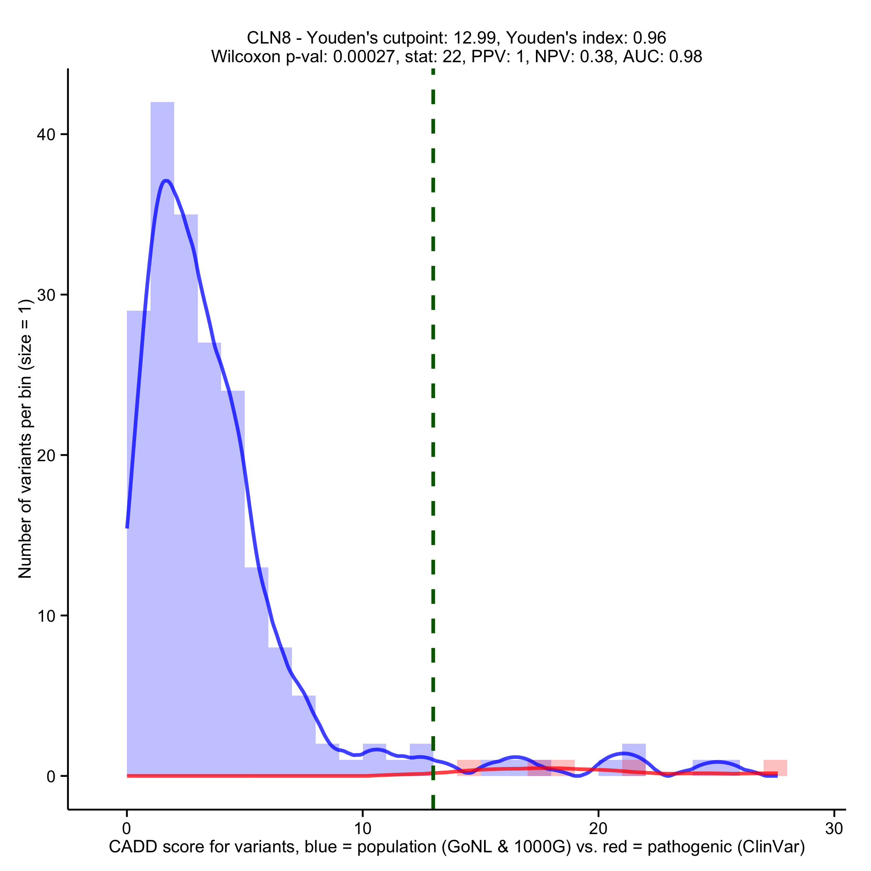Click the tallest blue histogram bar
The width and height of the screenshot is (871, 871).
pyautogui.click(x=162, y=406)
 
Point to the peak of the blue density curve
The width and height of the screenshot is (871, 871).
pyautogui.click(x=166, y=181)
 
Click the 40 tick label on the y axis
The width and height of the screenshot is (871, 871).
pyautogui.click(x=46, y=134)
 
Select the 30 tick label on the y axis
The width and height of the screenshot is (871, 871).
pyautogui.click(x=46, y=295)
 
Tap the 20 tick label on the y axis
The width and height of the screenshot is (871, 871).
pyautogui.click(x=46, y=455)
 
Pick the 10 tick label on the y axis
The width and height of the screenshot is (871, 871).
pyautogui.click(x=46, y=616)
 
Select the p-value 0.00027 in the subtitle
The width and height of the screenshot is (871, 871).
pyautogui.click(x=364, y=56)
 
